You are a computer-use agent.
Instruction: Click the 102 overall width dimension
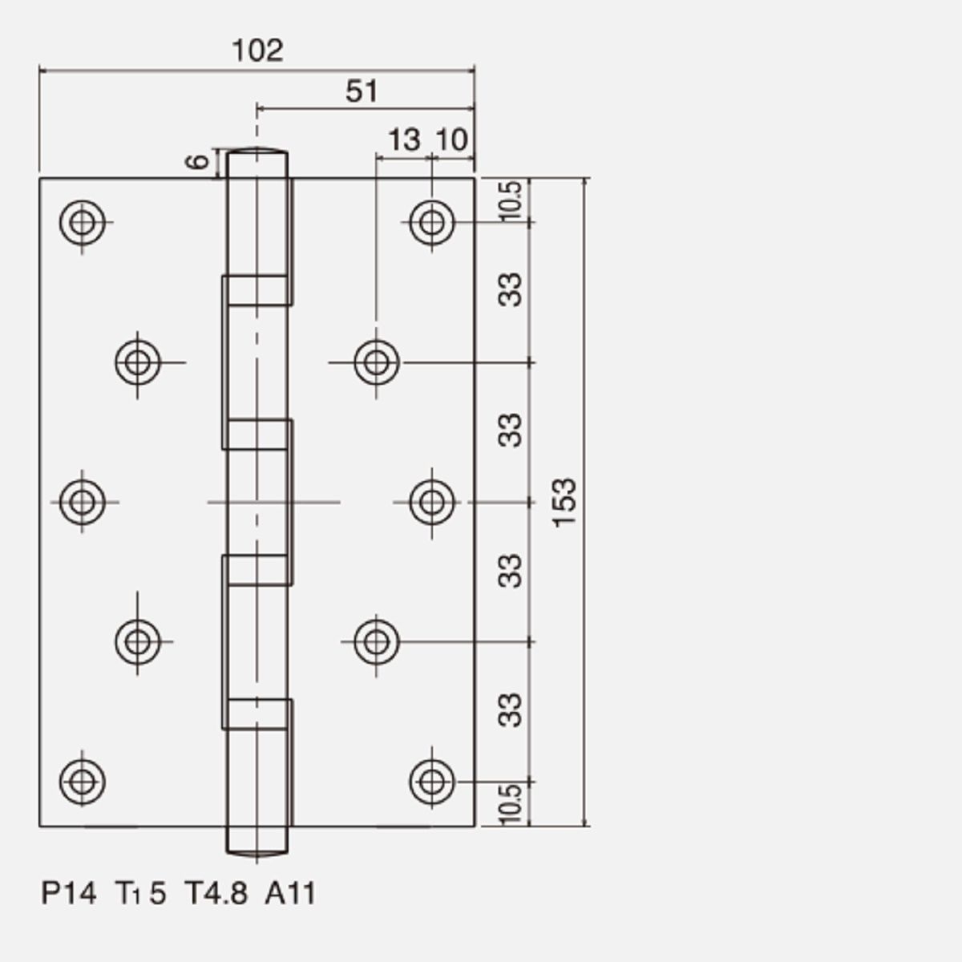(x=257, y=51)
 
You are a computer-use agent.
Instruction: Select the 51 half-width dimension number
(x=362, y=91)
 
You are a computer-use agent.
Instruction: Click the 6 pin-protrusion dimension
(x=198, y=162)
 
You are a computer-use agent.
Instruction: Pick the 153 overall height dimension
(x=565, y=502)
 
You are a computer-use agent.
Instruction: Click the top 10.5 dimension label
(x=511, y=201)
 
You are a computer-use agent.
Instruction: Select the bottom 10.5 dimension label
(x=511, y=804)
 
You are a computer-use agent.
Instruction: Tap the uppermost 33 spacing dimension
(x=510, y=289)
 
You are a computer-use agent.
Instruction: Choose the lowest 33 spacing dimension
(x=510, y=710)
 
